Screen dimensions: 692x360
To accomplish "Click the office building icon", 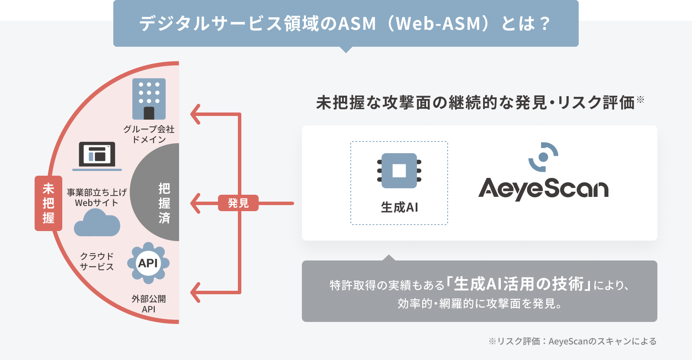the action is [x=149, y=99].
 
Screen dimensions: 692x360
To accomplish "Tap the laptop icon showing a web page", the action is [x=97, y=156].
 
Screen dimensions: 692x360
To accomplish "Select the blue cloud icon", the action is [x=97, y=222].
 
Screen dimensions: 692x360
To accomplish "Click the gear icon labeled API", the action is [x=148, y=263].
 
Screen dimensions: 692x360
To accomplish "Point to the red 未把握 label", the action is [x=48, y=203].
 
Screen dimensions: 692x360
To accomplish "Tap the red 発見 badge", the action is [x=238, y=203].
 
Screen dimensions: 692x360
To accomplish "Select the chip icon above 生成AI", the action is [x=399, y=170].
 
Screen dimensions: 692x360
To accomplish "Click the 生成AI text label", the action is [x=400, y=207].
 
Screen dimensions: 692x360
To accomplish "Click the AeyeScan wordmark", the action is [x=543, y=189].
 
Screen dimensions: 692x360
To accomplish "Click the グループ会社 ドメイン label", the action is [x=149, y=134].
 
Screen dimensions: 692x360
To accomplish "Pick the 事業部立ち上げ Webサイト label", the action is [x=97, y=197].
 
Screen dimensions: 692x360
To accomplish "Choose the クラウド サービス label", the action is [x=97, y=261].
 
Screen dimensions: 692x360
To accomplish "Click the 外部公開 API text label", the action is [x=149, y=304].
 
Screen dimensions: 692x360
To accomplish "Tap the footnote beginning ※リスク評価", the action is [x=573, y=341].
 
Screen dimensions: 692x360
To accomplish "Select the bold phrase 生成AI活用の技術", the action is [x=519, y=284].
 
